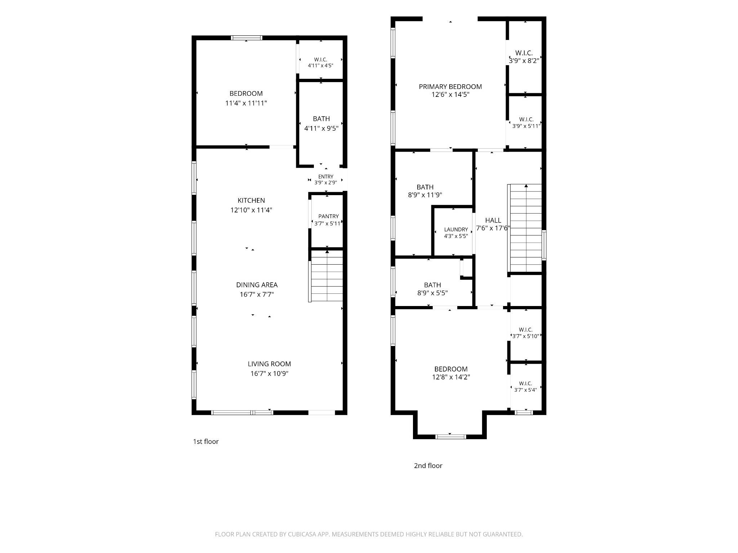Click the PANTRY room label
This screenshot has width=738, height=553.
[x=328, y=216]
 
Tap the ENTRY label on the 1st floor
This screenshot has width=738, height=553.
[x=326, y=177]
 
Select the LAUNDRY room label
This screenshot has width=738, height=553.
[x=456, y=229]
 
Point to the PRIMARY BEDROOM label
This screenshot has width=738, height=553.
[x=450, y=87]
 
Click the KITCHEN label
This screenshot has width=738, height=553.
[x=251, y=201]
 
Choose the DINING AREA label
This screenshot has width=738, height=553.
[x=257, y=285]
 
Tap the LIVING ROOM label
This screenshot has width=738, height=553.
[x=269, y=364]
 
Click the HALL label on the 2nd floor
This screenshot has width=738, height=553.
[x=493, y=220]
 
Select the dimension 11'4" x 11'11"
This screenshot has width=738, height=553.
[x=246, y=103]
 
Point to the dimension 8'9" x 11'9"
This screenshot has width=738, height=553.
[x=425, y=195]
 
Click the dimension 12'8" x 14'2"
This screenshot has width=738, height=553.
[x=451, y=377]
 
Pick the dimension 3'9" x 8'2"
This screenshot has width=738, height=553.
[x=524, y=61]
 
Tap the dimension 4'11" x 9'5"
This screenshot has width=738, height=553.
[x=321, y=129]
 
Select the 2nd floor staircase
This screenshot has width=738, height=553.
[x=525, y=228]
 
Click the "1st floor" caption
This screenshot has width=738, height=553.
[x=206, y=442]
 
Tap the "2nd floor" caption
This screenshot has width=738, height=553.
[x=428, y=466]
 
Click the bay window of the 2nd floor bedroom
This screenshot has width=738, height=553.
[x=450, y=437]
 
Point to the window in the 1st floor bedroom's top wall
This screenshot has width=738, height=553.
[x=246, y=38]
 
